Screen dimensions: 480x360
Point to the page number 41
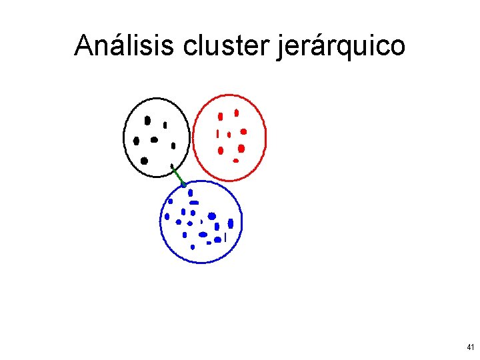[471, 347]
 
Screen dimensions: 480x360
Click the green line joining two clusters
[178, 176]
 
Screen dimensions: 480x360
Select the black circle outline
[124, 137]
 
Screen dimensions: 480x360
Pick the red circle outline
[265, 137]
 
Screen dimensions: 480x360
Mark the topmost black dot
[148, 121]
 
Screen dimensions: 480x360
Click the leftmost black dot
[137, 141]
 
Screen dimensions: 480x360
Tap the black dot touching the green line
[172, 166]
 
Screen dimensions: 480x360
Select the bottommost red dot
[235, 161]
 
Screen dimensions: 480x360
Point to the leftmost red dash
[217, 133]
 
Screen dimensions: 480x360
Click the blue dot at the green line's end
[183, 185]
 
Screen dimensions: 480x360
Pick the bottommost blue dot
[193, 247]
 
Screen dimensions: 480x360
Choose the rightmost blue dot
[231, 223]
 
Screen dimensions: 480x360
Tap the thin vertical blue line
[226, 237]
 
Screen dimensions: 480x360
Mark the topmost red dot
[236, 113]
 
